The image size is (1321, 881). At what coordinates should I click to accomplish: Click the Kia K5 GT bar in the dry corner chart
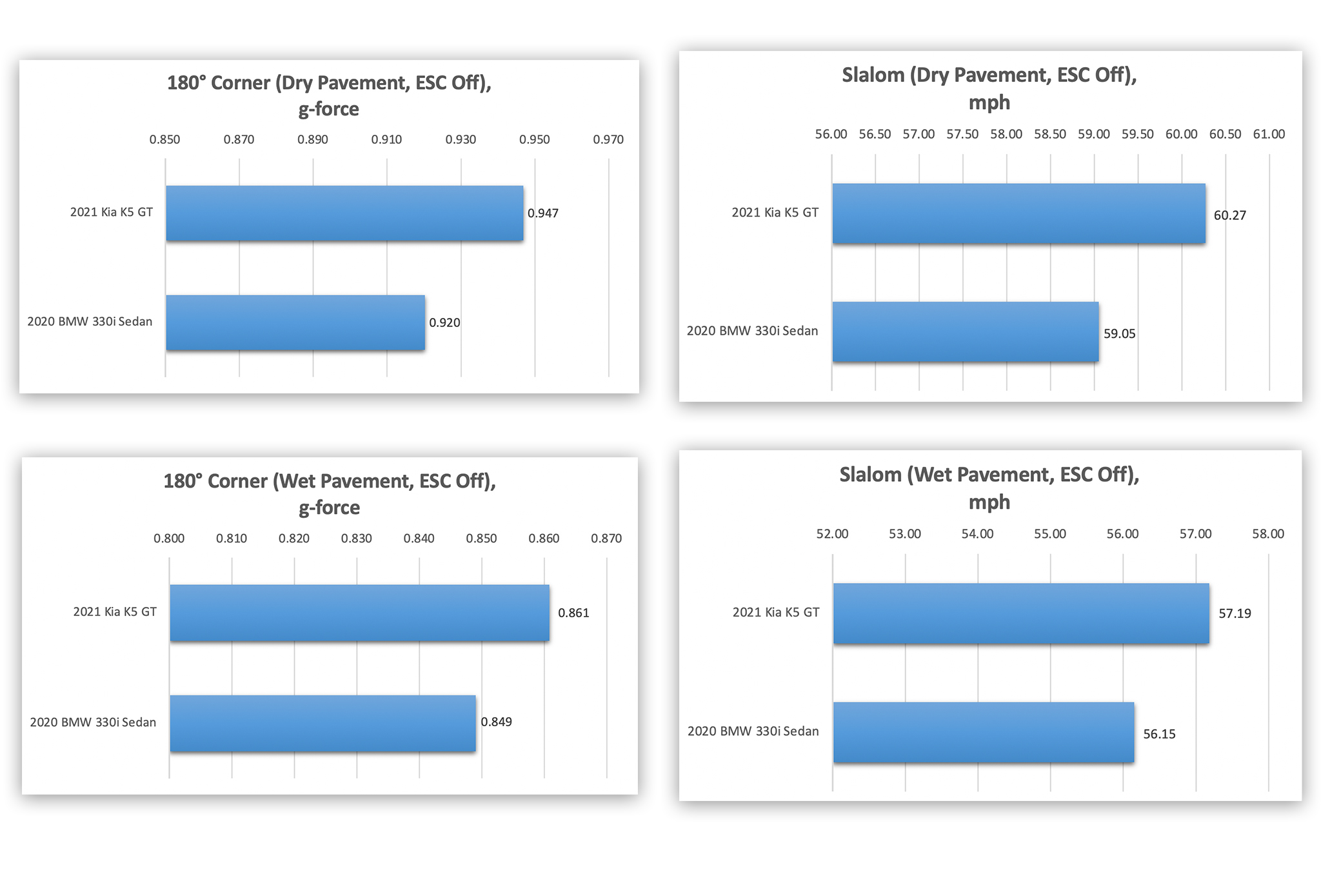344,213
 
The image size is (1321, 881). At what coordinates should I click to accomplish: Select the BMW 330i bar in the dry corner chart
295,323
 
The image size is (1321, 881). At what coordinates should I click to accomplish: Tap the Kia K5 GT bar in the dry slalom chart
1018,213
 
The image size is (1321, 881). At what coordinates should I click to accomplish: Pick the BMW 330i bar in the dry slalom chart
965,332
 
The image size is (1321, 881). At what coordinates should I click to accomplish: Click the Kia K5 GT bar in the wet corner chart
359,613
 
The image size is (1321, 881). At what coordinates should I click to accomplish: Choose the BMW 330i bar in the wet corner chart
323,723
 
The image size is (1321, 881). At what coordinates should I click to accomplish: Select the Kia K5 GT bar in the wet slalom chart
1021,613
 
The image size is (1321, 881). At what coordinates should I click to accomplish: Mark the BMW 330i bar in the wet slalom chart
983,732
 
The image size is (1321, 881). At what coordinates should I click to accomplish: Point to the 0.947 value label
543,213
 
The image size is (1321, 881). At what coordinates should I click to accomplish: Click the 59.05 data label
1119,334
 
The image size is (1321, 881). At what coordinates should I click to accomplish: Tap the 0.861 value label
573,613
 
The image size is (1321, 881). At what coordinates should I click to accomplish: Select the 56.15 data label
1159,734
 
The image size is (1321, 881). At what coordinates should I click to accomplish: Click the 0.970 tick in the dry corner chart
608,139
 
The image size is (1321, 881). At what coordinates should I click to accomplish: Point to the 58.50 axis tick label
1050,134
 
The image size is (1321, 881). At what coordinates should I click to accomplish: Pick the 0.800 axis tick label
169,539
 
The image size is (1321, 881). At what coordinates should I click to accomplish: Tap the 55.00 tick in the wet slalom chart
1050,534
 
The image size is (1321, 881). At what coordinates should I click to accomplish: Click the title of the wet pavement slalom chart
989,488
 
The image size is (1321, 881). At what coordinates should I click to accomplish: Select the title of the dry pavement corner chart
329,95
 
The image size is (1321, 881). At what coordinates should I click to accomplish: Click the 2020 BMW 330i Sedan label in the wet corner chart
93,722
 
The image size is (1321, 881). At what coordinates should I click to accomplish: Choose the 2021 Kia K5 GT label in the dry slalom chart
775,212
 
